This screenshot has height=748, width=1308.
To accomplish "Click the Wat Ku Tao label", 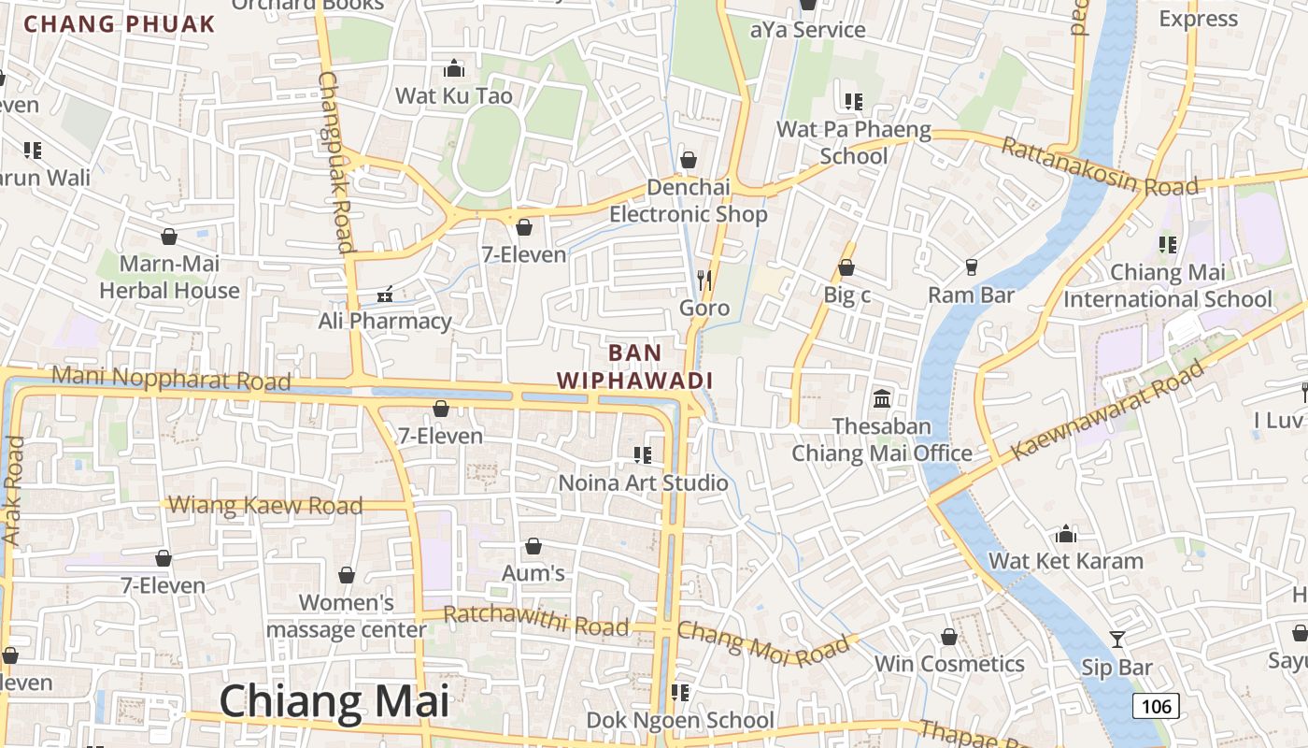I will (454, 95).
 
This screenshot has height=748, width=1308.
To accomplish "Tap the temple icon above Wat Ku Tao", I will (454, 68).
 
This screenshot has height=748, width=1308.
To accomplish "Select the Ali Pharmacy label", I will (385, 321).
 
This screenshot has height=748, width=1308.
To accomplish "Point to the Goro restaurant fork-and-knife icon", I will (704, 280).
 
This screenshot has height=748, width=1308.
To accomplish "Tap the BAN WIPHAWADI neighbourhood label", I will (635, 367).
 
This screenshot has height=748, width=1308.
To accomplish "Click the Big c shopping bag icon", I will (846, 268).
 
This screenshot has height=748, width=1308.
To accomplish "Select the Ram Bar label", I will (971, 295).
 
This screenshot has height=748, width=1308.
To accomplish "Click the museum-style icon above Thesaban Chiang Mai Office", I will (882, 399).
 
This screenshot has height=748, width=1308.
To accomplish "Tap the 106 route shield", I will (1157, 706).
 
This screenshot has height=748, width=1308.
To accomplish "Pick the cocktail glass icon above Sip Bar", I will (1116, 640).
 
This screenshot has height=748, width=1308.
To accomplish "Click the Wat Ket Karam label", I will (1066, 561).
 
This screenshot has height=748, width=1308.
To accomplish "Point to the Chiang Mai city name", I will (334, 701).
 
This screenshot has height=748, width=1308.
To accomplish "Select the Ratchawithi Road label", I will (536, 622).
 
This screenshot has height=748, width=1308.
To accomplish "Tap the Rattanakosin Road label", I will (1099, 168).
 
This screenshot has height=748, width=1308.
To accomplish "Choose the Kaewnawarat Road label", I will (1108, 411).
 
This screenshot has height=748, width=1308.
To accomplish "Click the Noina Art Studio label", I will (643, 482).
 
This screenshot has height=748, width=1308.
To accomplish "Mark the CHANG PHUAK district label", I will (120, 24).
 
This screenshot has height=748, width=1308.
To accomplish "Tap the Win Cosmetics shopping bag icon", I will (949, 638).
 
